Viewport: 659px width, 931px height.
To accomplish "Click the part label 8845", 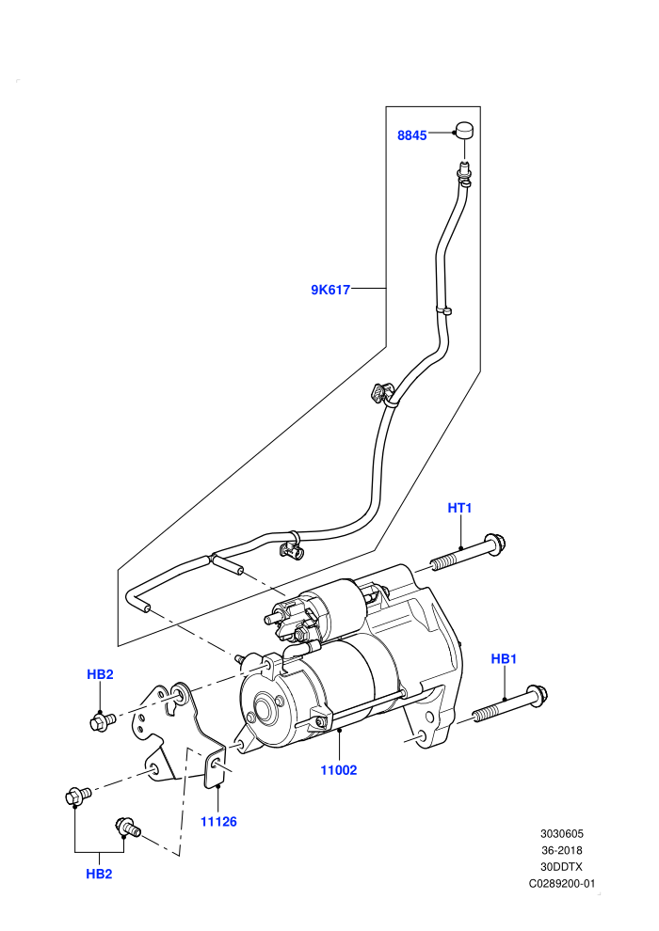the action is coord(411,135).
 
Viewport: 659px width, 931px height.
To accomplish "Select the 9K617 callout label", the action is coord(330,290).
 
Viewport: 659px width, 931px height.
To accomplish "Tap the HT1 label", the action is coord(459,508).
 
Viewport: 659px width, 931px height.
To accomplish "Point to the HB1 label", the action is coord(504,658).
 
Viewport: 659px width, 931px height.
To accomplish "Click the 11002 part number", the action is coord(339,770).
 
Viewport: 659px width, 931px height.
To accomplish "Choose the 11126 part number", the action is coord(218,822).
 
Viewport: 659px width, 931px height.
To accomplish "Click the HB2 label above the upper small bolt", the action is coord(100,674).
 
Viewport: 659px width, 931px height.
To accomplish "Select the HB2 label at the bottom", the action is coord(99,874).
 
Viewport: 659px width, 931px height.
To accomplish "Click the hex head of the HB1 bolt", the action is coord(538,696).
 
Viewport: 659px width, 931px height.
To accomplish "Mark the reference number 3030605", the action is coord(561,833).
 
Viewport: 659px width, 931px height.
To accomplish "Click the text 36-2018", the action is coord(561,850).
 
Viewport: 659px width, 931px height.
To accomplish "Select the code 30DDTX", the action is coord(561,867).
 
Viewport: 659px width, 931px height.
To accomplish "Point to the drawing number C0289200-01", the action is coord(561,883).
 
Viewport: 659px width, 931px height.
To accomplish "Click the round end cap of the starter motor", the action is coord(264,708).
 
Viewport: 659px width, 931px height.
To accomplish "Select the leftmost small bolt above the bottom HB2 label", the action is coord(77,796).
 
